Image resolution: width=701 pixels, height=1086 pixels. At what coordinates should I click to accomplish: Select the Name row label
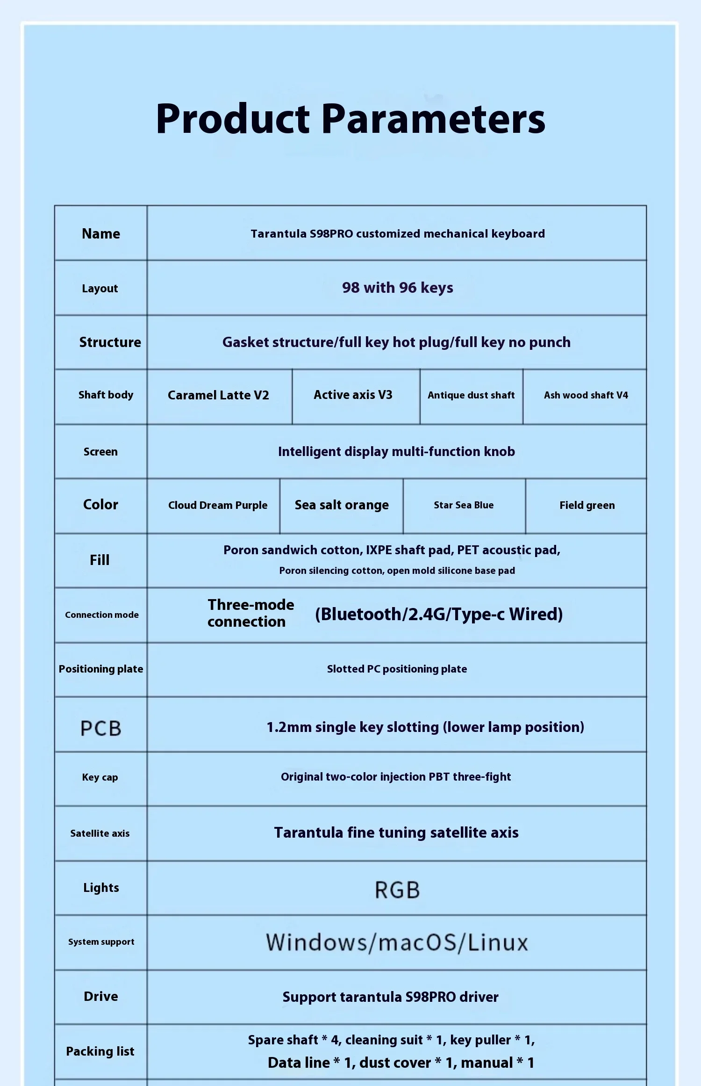pos(101,233)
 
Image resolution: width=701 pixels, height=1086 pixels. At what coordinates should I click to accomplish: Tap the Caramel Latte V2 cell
pos(218,395)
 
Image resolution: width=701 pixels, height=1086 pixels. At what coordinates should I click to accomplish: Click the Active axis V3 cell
pos(353,395)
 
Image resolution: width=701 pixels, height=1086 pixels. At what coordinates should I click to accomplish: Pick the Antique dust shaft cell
pos(471,395)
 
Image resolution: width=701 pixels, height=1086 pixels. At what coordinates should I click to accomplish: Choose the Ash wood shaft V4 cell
pos(586,395)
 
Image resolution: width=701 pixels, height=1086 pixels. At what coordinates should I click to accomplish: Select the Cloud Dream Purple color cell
pos(218,505)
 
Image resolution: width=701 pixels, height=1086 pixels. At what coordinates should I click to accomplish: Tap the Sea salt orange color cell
pos(342,505)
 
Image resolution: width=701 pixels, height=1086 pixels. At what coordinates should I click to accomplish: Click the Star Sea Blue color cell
pos(464,505)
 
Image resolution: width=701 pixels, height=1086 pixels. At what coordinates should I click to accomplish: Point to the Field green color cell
pos(587,505)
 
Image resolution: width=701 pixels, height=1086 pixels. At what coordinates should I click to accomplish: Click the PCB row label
pos(101,728)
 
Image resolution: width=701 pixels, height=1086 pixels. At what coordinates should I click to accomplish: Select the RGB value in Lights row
pos(397,890)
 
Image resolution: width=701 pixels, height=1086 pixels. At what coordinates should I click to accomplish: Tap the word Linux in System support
pos(498,942)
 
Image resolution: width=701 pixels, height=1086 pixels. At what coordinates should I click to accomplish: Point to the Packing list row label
pos(100,1051)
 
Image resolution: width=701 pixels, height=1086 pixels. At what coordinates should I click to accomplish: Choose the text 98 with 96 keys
pos(397,288)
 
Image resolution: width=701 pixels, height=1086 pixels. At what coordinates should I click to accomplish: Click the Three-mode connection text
pos(250,613)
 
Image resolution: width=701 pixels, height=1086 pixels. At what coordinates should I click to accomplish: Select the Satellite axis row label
pos(100,833)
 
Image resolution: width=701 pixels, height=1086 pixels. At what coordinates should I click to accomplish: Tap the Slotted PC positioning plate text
pos(397,669)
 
